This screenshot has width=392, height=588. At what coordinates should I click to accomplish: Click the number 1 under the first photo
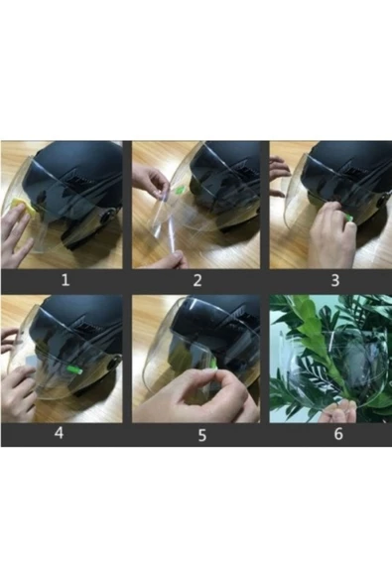tap(65, 279)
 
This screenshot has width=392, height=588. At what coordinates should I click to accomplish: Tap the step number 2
tap(197, 279)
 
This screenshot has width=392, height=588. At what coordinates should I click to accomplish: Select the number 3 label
tap(334, 279)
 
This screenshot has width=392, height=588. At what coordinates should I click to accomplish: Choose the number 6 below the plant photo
tap(336, 434)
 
